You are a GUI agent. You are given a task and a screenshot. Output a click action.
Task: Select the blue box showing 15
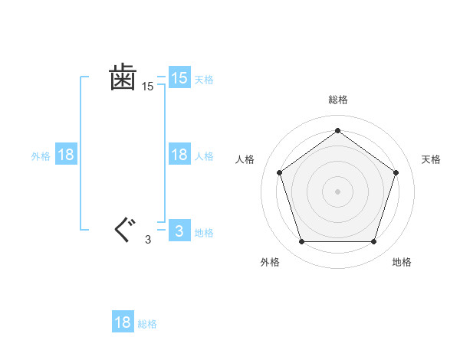179,78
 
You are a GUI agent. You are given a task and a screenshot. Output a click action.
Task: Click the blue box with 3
179,231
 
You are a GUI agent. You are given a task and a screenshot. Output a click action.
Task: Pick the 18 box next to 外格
66,155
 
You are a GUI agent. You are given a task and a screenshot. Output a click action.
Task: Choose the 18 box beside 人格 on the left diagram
179,155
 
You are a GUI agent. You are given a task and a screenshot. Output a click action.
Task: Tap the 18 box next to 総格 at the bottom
123,322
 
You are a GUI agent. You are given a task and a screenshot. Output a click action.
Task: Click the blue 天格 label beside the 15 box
204,79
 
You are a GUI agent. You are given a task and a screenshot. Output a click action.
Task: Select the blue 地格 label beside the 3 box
204,232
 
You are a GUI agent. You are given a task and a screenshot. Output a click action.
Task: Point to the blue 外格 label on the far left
41,156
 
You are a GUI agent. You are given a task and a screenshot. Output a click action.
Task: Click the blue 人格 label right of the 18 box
204,156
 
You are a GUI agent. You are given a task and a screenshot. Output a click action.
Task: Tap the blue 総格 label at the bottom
147,324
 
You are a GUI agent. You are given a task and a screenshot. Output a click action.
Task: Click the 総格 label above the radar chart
337,100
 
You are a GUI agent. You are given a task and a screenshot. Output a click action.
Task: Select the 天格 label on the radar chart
431,159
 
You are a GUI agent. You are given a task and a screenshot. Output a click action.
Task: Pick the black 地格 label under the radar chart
402,262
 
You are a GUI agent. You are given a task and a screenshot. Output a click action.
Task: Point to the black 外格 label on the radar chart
270,262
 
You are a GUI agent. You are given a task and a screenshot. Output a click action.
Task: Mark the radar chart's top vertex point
337,130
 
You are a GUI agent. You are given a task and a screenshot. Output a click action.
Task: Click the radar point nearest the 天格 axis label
396,172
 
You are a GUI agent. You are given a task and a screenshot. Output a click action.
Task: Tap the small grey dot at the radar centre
337,191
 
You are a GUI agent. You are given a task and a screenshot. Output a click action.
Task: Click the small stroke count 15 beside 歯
147,87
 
